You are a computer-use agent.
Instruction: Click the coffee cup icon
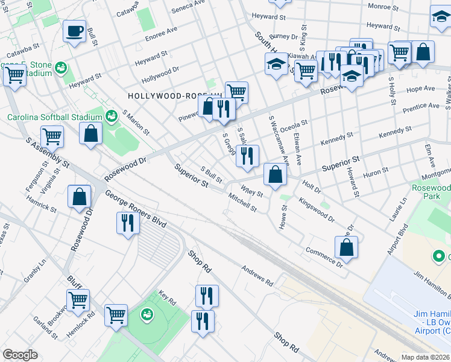(x=75, y=31)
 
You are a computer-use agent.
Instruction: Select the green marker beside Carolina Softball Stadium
(x=111, y=115)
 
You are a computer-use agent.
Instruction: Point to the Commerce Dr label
(x=324, y=256)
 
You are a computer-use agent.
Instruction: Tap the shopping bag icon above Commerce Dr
(x=346, y=247)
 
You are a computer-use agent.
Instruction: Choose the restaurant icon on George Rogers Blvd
(x=127, y=223)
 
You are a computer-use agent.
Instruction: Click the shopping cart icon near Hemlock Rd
(x=78, y=300)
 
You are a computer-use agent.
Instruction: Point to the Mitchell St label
(x=242, y=202)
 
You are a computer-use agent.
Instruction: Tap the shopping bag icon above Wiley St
(x=275, y=175)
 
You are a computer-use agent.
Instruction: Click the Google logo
(x=20, y=355)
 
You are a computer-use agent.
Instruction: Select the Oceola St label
(x=294, y=127)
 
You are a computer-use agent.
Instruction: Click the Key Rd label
(x=167, y=299)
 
